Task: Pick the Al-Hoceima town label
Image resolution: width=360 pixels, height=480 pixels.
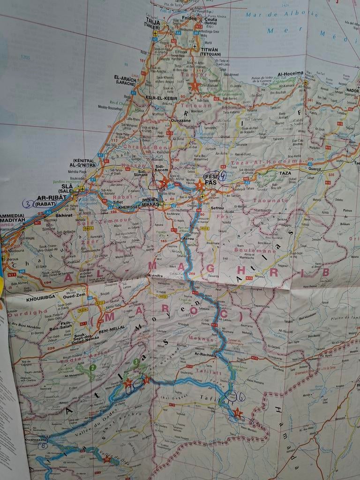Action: [x=291, y=74]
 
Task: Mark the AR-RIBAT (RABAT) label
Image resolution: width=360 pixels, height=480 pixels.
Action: [x=48, y=200]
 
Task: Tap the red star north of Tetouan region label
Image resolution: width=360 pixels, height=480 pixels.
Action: [x=195, y=86]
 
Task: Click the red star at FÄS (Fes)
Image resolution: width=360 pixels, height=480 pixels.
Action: [x=200, y=185]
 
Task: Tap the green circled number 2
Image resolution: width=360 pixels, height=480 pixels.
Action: [x=93, y=367]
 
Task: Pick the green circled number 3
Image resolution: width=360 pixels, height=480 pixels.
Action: [x=136, y=361]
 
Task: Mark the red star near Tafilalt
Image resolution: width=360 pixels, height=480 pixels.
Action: [x=238, y=413]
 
